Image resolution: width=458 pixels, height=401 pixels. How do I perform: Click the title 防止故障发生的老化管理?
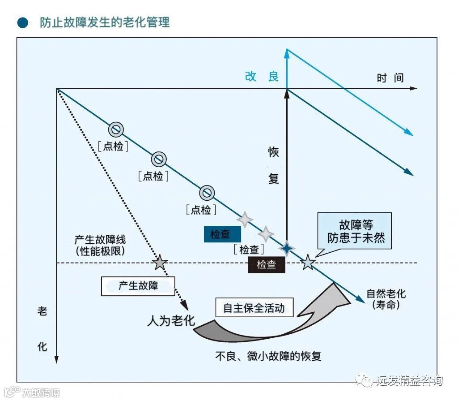pyautogui.click(x=105, y=22)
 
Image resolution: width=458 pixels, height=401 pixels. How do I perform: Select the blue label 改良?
pyautogui.click(x=262, y=77)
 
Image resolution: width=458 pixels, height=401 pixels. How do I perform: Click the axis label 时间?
pyautogui.click(x=390, y=78)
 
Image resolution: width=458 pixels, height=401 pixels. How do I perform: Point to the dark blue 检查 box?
pyautogui.click(x=222, y=234)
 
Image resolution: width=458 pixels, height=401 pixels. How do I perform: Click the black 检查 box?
pyautogui.click(x=267, y=265)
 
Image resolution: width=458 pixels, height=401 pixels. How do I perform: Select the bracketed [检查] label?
pyautogui.click(x=249, y=249)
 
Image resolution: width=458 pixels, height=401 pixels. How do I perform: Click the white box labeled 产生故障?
pyautogui.click(x=138, y=286)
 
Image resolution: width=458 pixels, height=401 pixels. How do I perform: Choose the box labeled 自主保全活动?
pyautogui.click(x=254, y=308)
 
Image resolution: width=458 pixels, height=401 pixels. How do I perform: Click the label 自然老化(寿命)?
pyautogui.click(x=386, y=299)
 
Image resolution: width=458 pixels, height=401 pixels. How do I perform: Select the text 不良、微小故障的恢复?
pyautogui.click(x=268, y=356)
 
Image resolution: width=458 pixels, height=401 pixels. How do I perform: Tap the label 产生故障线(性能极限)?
pyautogui.click(x=100, y=245)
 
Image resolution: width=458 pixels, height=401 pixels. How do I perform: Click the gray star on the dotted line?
pyautogui.click(x=160, y=263)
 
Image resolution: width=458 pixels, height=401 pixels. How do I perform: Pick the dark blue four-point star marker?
pyautogui.click(x=287, y=248)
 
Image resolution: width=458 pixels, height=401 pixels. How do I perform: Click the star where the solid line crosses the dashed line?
pyautogui.click(x=308, y=263)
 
